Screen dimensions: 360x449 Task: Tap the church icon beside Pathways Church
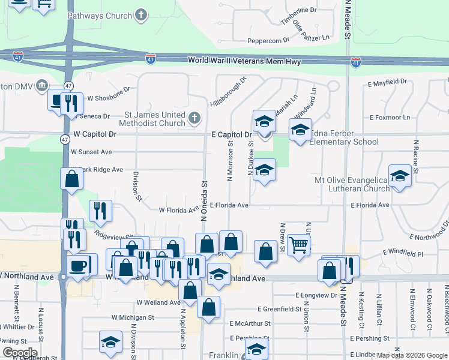click(x=140, y=15)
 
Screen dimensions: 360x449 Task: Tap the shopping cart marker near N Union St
click(x=298, y=244)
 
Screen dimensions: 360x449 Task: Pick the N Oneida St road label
click(x=203, y=202)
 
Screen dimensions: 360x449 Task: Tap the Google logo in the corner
click(x=20, y=352)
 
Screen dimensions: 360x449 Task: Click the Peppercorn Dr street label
click(x=268, y=41)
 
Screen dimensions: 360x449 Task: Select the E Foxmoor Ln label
click(x=390, y=118)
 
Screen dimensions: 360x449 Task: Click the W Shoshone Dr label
click(x=109, y=95)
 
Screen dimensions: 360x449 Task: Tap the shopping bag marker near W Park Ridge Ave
click(x=71, y=179)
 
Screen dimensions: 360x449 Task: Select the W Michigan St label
click(x=133, y=317)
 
